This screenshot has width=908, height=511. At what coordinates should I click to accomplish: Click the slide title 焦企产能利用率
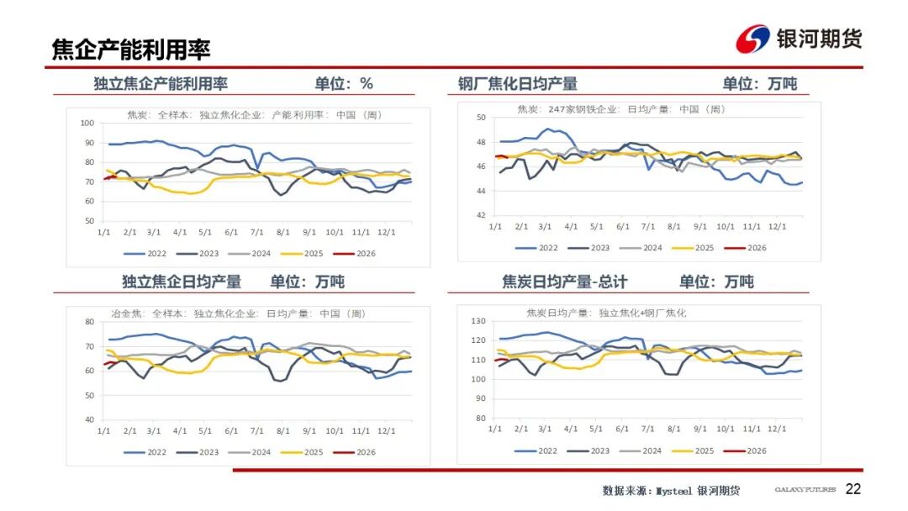click(130, 50)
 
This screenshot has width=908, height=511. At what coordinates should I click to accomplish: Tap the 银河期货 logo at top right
click(799, 39)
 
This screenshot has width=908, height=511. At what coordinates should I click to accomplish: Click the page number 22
click(853, 489)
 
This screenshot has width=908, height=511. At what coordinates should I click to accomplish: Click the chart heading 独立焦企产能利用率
click(161, 83)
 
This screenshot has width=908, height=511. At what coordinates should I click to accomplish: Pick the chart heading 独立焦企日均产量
click(182, 282)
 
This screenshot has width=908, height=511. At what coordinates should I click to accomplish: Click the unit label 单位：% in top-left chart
click(344, 83)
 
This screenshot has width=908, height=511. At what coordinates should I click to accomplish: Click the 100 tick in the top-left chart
click(87, 124)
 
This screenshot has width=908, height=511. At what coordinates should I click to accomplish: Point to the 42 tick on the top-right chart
click(483, 215)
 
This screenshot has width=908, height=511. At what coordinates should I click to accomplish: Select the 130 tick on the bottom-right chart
click(480, 322)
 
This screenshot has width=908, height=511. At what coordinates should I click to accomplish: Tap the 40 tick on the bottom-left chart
click(88, 419)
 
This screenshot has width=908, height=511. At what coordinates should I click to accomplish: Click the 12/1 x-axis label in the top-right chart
click(779, 227)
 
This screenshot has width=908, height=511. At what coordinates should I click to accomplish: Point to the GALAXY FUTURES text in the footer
click(805, 490)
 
